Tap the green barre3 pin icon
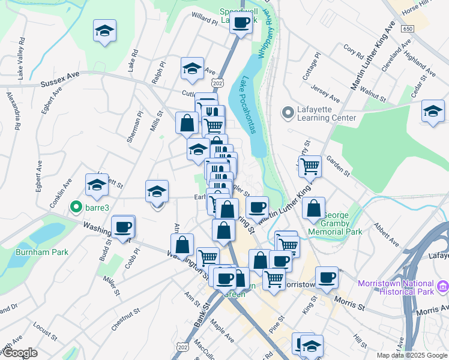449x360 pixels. pos(76,207)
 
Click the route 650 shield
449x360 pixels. pos(408,29)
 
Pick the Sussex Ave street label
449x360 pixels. pos(60,84)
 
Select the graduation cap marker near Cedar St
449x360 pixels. pos(432,111)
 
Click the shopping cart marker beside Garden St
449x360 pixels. pos(310,166)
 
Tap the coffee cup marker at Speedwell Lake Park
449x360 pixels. pos(241,23)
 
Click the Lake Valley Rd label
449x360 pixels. pos(22,58)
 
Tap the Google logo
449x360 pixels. pos(19,353)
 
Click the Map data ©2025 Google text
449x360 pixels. pos(411,355)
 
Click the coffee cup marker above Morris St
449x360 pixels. pos(327,277)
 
